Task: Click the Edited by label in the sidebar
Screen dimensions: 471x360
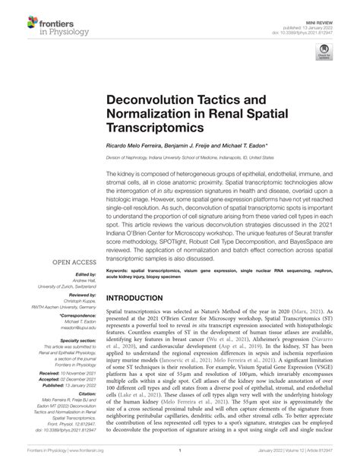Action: coord(65,254)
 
